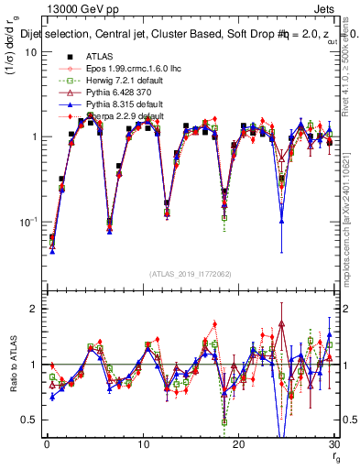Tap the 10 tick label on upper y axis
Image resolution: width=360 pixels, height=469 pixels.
coord(30,52)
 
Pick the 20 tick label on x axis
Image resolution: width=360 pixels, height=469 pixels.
coord(238,444)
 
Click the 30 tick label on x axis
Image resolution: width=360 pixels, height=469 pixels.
coord(333,444)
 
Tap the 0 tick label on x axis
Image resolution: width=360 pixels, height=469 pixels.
coord(46,444)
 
